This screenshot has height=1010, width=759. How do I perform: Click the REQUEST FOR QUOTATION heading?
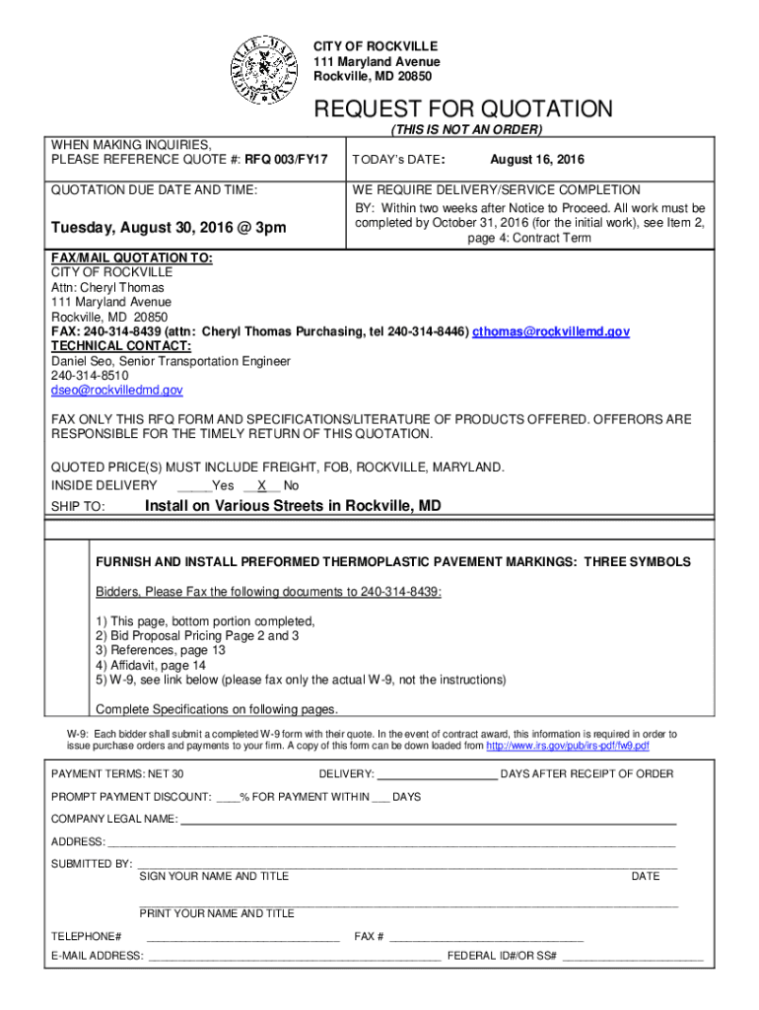462,108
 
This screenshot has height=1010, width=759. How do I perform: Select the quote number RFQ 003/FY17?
287,159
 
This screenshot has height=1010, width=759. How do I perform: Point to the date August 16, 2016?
536,159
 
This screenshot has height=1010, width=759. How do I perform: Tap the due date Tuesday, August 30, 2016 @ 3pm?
169,228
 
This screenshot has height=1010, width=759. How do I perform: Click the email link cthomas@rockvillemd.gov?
551,331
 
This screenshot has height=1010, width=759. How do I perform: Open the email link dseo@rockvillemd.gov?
116,391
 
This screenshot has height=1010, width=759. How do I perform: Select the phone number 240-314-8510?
90,376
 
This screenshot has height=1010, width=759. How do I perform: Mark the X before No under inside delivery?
262,485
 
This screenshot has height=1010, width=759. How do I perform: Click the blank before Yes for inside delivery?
193,485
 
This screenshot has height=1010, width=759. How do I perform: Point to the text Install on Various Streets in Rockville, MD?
293,506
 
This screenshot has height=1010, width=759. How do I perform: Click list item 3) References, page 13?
161,650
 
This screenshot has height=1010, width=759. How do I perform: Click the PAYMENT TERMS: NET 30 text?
117,773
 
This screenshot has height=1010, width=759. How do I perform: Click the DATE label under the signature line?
646,876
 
